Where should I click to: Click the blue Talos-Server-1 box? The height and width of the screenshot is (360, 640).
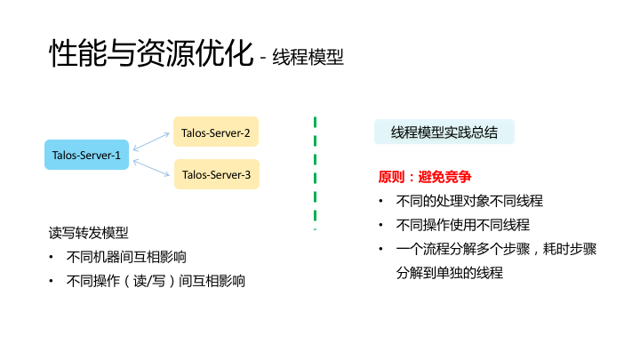pyautogui.click(x=86, y=155)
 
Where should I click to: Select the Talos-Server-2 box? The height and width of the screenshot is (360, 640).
pyautogui.click(x=216, y=133)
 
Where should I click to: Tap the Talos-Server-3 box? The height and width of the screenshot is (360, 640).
pyautogui.click(x=216, y=174)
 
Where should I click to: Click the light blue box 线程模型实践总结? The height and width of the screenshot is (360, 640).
pyautogui.click(x=444, y=133)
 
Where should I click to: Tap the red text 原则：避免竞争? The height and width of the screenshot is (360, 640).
pyautogui.click(x=425, y=177)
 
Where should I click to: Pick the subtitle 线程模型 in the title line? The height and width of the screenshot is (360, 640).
pyautogui.click(x=308, y=58)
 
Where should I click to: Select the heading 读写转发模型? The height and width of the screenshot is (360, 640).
pyautogui.click(x=89, y=234)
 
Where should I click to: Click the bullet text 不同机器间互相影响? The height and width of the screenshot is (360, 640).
pyautogui.click(x=126, y=258)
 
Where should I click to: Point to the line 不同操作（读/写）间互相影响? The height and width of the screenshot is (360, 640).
pyautogui.click(x=156, y=281)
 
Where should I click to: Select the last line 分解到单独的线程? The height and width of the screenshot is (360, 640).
pyautogui.click(x=450, y=273)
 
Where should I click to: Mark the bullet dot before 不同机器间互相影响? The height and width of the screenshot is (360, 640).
pyautogui.click(x=52, y=259)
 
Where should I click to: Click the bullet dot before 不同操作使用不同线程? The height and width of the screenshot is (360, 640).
pyautogui.click(x=380, y=226)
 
